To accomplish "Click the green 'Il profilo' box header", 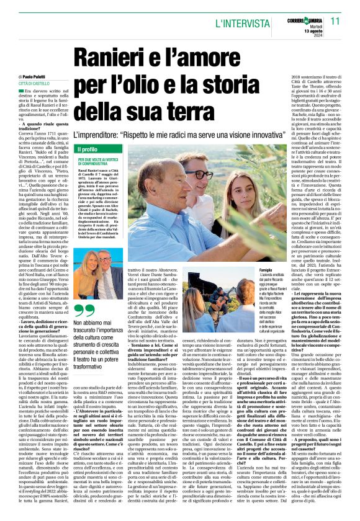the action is point(88,149).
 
